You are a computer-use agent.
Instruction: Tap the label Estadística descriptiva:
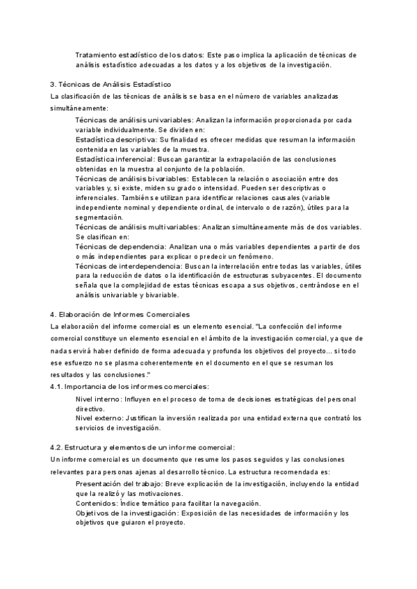click(115, 139)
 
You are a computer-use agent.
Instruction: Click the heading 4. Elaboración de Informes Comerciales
click(115, 315)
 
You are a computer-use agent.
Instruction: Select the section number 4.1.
click(58, 386)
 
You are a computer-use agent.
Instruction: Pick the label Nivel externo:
click(99, 418)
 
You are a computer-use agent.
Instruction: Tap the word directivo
click(90, 409)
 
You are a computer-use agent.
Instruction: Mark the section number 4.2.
click(58, 447)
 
